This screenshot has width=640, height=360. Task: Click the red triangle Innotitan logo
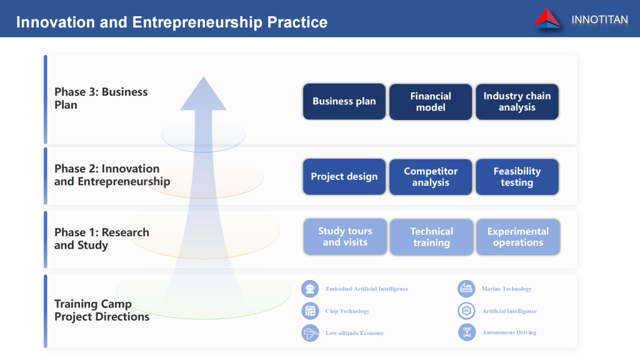click(x=547, y=19)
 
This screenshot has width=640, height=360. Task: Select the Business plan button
click(x=344, y=102)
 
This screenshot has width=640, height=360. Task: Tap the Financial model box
click(x=431, y=102)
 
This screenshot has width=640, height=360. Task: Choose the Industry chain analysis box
click(x=517, y=102)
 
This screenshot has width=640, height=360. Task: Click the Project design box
click(x=344, y=177)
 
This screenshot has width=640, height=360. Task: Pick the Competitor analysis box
click(x=431, y=177)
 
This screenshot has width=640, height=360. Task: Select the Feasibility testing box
click(x=517, y=177)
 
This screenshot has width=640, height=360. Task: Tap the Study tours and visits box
click(x=345, y=237)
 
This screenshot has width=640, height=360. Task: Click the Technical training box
click(x=432, y=237)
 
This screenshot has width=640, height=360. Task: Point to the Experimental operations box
click(x=518, y=237)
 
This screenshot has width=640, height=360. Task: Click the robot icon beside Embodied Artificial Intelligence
click(x=310, y=289)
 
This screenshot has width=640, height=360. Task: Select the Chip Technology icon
click(x=310, y=311)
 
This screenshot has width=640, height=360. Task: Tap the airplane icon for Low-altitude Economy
click(x=310, y=333)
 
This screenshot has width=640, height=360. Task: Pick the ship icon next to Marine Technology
click(x=466, y=289)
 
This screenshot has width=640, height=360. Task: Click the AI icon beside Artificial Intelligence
click(x=466, y=311)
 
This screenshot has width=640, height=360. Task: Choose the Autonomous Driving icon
click(x=466, y=332)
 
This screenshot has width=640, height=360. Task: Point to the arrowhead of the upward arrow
click(x=203, y=77)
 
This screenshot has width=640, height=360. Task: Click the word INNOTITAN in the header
click(x=599, y=19)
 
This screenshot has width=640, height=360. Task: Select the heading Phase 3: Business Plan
click(x=101, y=98)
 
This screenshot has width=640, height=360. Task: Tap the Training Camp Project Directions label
click(x=102, y=310)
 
